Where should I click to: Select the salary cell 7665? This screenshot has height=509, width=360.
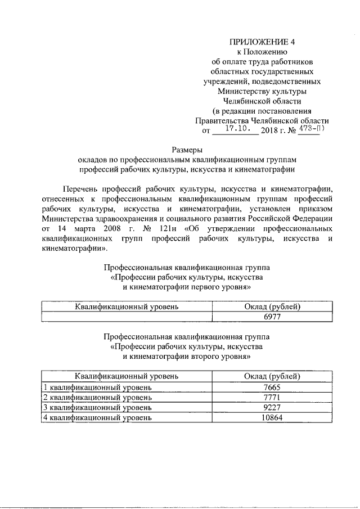click(272, 387)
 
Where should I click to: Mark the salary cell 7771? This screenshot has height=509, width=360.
click(272, 397)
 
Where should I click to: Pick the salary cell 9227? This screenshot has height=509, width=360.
click(272, 407)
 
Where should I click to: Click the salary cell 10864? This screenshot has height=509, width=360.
click(272, 417)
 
